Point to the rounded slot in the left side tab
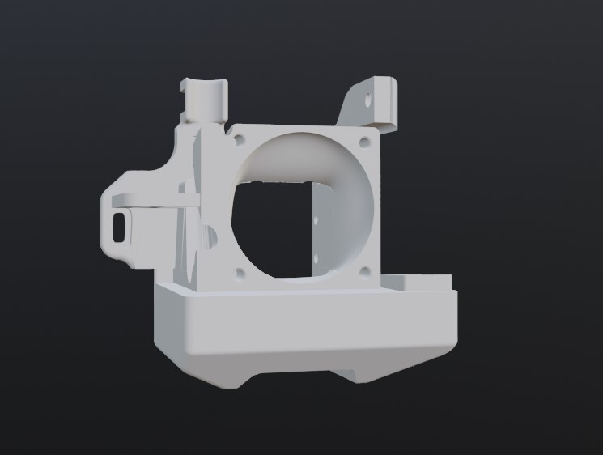coord(121,225)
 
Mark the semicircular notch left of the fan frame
coord(212,236)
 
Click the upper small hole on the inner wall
coord(315,219)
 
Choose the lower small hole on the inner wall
coord(315,259)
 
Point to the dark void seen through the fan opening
coord(271,227)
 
